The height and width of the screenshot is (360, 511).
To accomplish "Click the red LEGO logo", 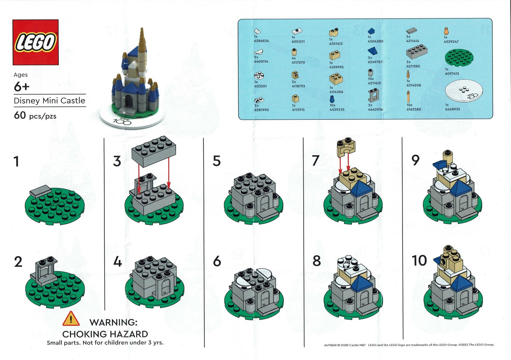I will [35, 42].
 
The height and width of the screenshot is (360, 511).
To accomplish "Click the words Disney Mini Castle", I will [49, 101].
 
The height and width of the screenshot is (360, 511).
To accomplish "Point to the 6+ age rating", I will [21, 87].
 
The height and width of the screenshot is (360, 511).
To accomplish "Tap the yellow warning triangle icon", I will [71, 319].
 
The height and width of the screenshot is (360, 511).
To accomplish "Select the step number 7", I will [315, 161].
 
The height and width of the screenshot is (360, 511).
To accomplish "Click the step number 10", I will [419, 261].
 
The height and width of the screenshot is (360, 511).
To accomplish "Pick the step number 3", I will [117, 161].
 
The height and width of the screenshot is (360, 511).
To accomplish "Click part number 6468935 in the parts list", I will [453, 109].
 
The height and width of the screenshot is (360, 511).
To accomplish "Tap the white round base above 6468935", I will [463, 91].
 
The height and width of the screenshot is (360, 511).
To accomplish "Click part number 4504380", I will [375, 41].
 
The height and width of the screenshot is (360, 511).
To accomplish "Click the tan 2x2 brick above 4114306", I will [336, 79].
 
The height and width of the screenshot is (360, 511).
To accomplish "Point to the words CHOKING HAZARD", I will [105, 334].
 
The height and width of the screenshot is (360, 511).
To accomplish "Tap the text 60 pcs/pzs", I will [35, 116].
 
